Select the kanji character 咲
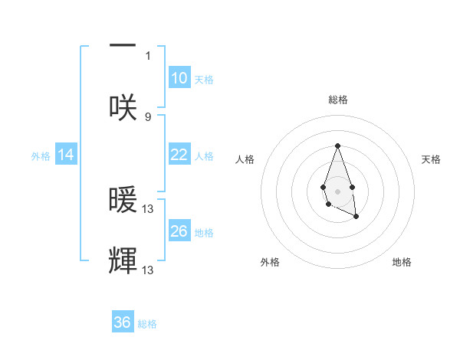tap(123, 107)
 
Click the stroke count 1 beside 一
tap(148, 55)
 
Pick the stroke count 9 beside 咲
tap(148, 116)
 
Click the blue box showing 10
tap(179, 78)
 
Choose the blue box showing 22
tap(179, 155)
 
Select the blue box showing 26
tap(179, 231)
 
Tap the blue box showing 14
tap(66, 155)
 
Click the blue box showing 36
tap(123, 322)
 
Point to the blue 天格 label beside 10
tap(204, 80)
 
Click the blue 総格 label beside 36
tap(147, 324)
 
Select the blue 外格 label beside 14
tap(41, 156)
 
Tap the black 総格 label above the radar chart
tap(337, 100)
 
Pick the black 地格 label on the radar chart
tap(402, 263)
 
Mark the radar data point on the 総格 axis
tap(337, 146)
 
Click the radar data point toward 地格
tap(356, 217)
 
